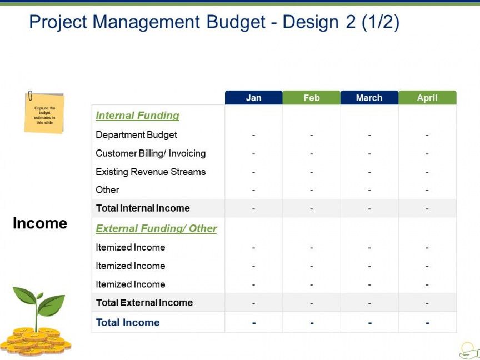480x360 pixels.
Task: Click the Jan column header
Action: [253, 98]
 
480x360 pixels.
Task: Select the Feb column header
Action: [311, 98]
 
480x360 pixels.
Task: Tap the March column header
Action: [369, 98]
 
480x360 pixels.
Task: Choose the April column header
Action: [427, 98]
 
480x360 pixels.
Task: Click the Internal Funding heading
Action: [137, 116]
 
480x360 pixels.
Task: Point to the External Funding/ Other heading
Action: [156, 229]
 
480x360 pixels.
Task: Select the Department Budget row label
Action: [136, 135]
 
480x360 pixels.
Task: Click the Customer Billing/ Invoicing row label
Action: [151, 153]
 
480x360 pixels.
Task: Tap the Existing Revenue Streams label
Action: [151, 172]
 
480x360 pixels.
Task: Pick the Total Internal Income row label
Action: [143, 208]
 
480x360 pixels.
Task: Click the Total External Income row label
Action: [144, 303]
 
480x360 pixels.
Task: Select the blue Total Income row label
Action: [128, 322]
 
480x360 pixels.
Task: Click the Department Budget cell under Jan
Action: [253, 135]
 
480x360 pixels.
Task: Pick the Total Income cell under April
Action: [427, 323]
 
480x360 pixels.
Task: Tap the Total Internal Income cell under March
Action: [369, 208]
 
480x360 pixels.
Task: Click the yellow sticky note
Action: [44, 113]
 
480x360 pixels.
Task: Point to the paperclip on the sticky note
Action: [30, 96]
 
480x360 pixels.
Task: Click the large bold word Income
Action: [40, 223]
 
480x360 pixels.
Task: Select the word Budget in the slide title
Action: [236, 22]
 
